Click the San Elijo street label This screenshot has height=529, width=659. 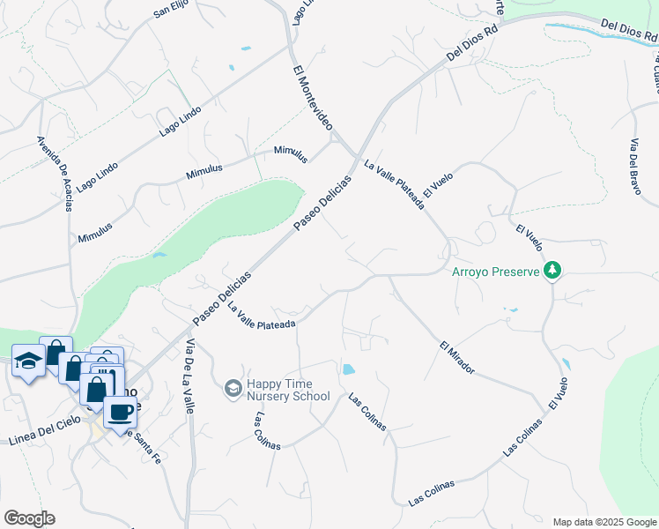(x=172, y=11)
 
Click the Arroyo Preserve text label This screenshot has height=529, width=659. (x=495, y=272)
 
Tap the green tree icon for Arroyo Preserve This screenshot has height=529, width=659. (x=552, y=270)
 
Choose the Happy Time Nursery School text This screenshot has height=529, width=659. (x=288, y=389)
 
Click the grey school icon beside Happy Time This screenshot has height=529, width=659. (x=233, y=388)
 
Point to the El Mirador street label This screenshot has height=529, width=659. (x=456, y=356)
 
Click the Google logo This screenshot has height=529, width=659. (x=29, y=518)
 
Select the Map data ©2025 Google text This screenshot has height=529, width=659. (x=604, y=522)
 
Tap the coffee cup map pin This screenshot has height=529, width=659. (x=119, y=411)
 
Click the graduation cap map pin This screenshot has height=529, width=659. (x=28, y=360)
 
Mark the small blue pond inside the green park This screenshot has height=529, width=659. (x=159, y=256)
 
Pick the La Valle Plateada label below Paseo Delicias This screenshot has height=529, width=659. (x=261, y=317)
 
